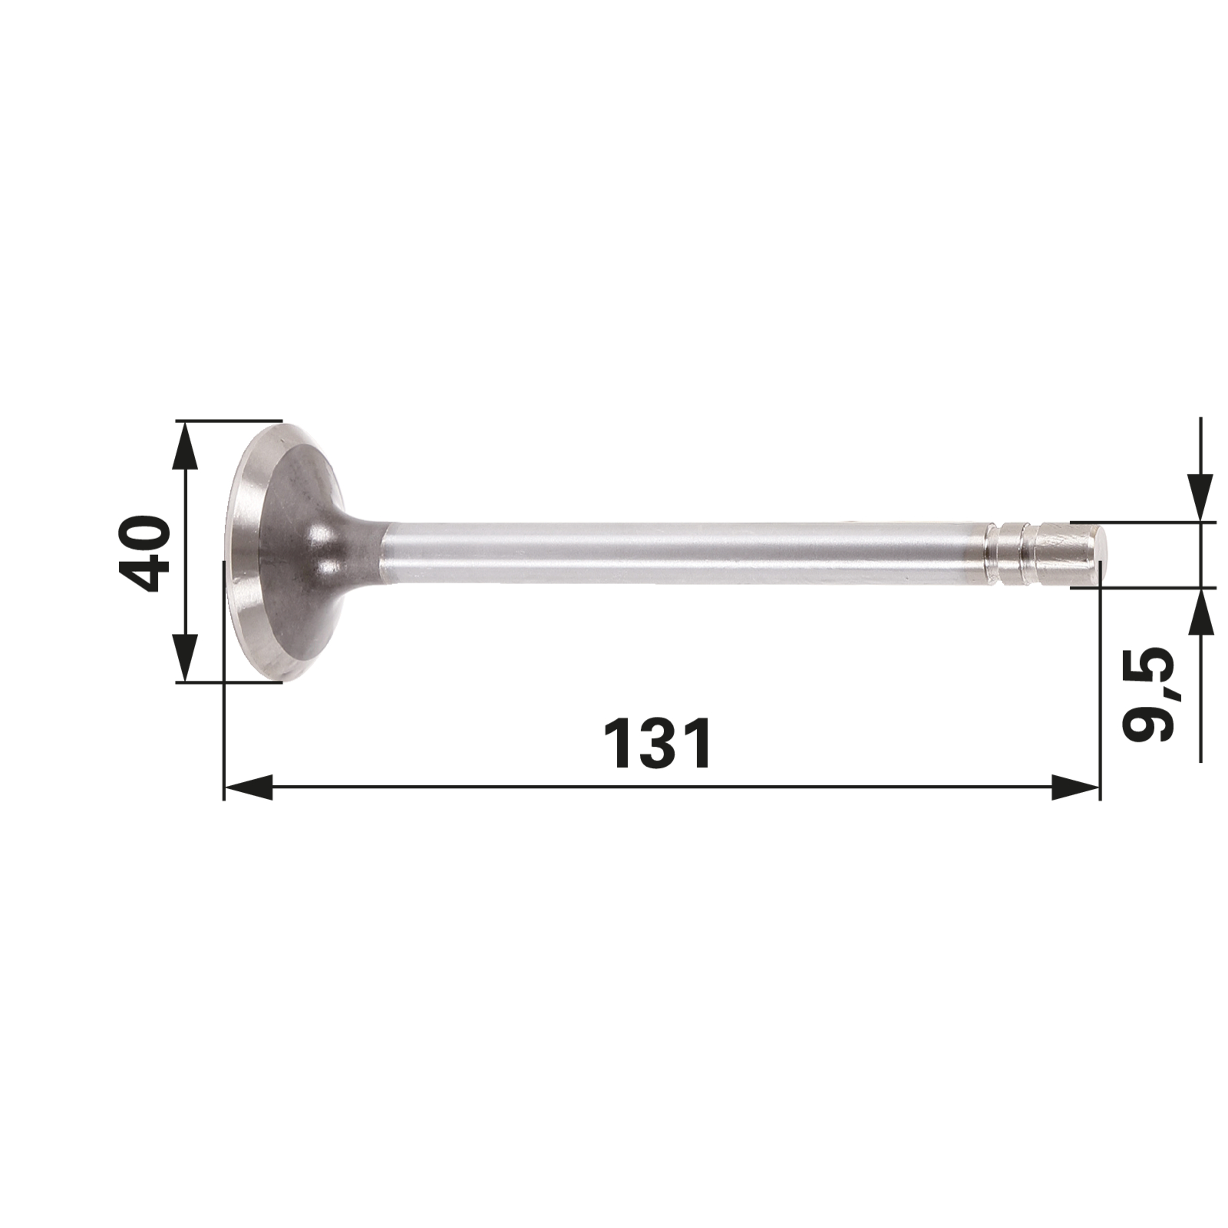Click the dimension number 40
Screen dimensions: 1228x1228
tap(144, 552)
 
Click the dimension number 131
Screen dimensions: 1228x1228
tap(658, 744)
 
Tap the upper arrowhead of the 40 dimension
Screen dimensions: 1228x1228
tap(185, 445)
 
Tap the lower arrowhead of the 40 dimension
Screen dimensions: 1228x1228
tap(185, 657)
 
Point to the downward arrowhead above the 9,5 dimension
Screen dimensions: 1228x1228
tap(1200, 498)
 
